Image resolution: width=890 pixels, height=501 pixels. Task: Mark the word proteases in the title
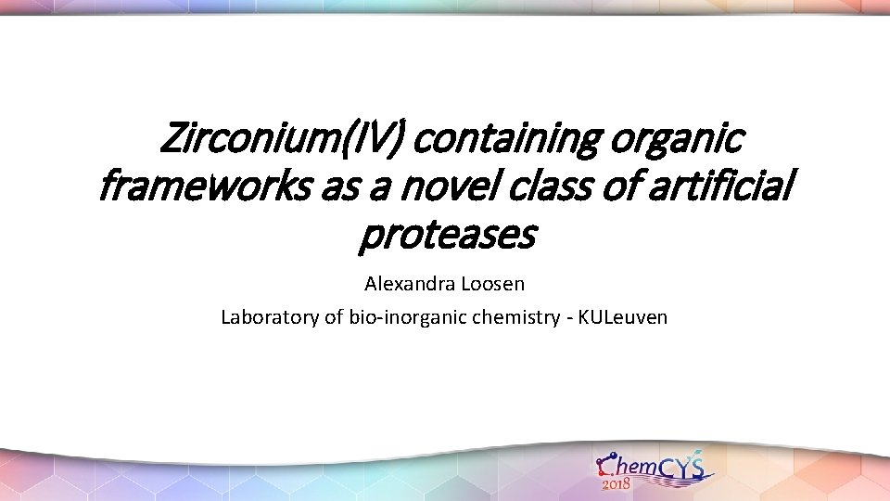point(446,237)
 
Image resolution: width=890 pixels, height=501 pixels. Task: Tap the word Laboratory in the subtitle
point(268,317)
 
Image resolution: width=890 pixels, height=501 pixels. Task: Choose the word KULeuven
point(623,317)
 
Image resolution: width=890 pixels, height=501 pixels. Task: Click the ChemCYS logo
point(653,469)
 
